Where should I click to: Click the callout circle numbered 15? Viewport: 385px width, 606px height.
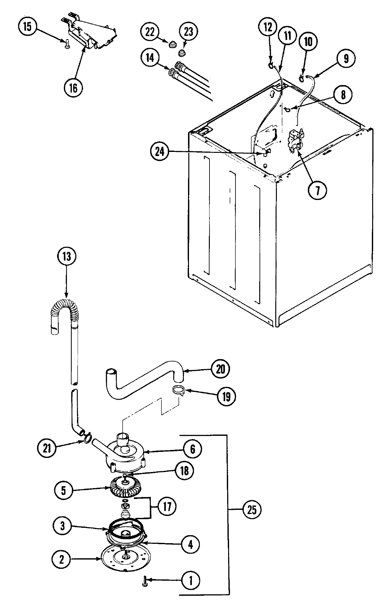pos(28,27)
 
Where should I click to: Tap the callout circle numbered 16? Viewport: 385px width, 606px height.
pos(73,88)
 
